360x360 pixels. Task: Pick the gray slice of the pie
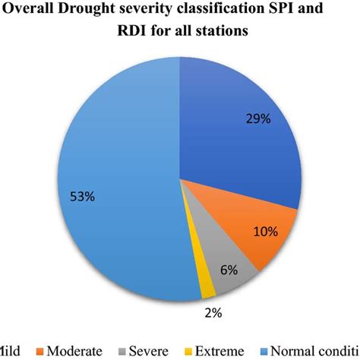(x=220, y=273)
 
